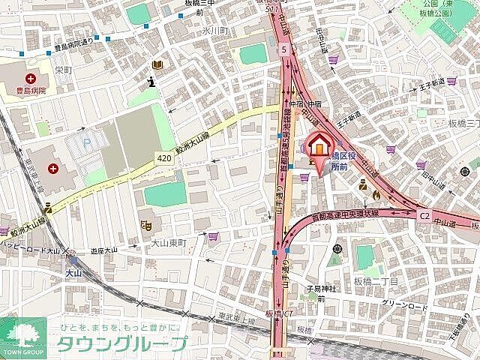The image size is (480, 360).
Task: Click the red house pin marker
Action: coord(318,145)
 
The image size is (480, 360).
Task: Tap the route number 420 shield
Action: coord(164,159)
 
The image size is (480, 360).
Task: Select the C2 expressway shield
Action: coord(424,215)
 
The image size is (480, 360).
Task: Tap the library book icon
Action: coord(156,65)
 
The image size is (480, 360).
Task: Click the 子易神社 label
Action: coord(325,289)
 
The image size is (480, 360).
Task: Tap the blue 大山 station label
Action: coord(72,273)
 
